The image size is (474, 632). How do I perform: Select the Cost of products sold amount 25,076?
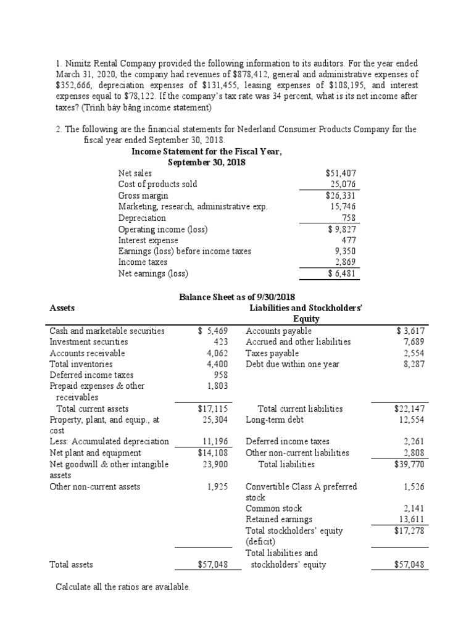pos(343,184)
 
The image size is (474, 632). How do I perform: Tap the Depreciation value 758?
pos(349,218)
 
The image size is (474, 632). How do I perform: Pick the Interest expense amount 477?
pos(349,240)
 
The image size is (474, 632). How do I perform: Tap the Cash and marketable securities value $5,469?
pos(213,331)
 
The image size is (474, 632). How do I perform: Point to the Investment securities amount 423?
pos(221,341)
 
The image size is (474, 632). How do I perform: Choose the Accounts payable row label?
pos(278,331)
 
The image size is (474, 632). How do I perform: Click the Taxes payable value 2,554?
pos(414,353)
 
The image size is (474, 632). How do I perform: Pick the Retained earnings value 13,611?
pos(412,519)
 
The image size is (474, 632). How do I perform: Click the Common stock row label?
pos(274,508)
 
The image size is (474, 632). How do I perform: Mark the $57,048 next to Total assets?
pos(210,564)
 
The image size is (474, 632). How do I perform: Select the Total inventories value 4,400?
pos(217,364)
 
